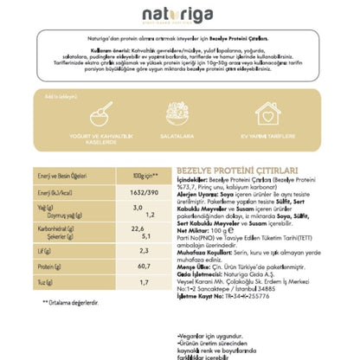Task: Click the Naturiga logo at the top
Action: point(180,16)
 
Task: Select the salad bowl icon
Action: point(180,112)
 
